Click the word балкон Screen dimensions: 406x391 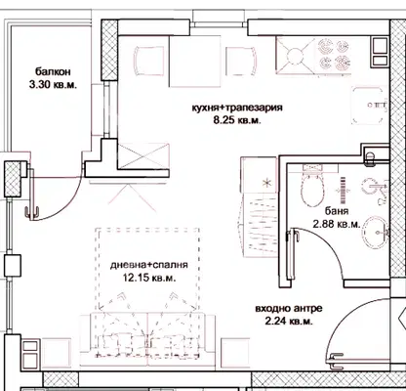[x=53, y=71]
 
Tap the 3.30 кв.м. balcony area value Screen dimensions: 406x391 [x=53, y=85]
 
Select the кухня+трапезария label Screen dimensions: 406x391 [x=237, y=108]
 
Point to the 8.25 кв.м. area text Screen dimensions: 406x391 [x=237, y=120]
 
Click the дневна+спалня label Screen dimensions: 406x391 [x=149, y=265]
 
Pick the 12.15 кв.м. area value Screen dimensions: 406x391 [x=149, y=279]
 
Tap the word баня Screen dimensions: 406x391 [x=337, y=211]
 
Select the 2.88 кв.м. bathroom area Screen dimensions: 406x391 [x=337, y=224]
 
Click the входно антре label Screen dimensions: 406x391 [x=289, y=308]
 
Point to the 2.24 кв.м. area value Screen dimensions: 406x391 [x=289, y=322]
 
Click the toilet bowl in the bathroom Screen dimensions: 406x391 [x=313, y=188]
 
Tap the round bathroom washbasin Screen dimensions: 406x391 [x=376, y=232]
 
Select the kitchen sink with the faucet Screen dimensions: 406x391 [x=369, y=106]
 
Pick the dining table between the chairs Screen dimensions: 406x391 [x=195, y=62]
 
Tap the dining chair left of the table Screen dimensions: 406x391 [x=149, y=61]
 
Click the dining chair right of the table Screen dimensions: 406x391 [x=241, y=62]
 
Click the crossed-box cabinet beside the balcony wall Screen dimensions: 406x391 [x=143, y=156]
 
